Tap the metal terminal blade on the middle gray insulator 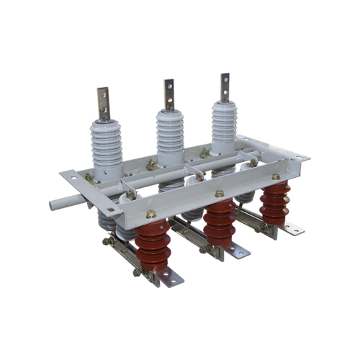[x=169, y=94]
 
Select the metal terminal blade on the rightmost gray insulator [x=225, y=86]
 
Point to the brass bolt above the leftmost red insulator [x=152, y=214]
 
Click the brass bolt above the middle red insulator [x=219, y=194]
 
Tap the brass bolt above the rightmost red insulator [x=275, y=176]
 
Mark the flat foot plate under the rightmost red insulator [x=292, y=229]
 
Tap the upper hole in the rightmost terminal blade [x=225, y=78]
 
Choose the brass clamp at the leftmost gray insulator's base [x=90, y=177]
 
